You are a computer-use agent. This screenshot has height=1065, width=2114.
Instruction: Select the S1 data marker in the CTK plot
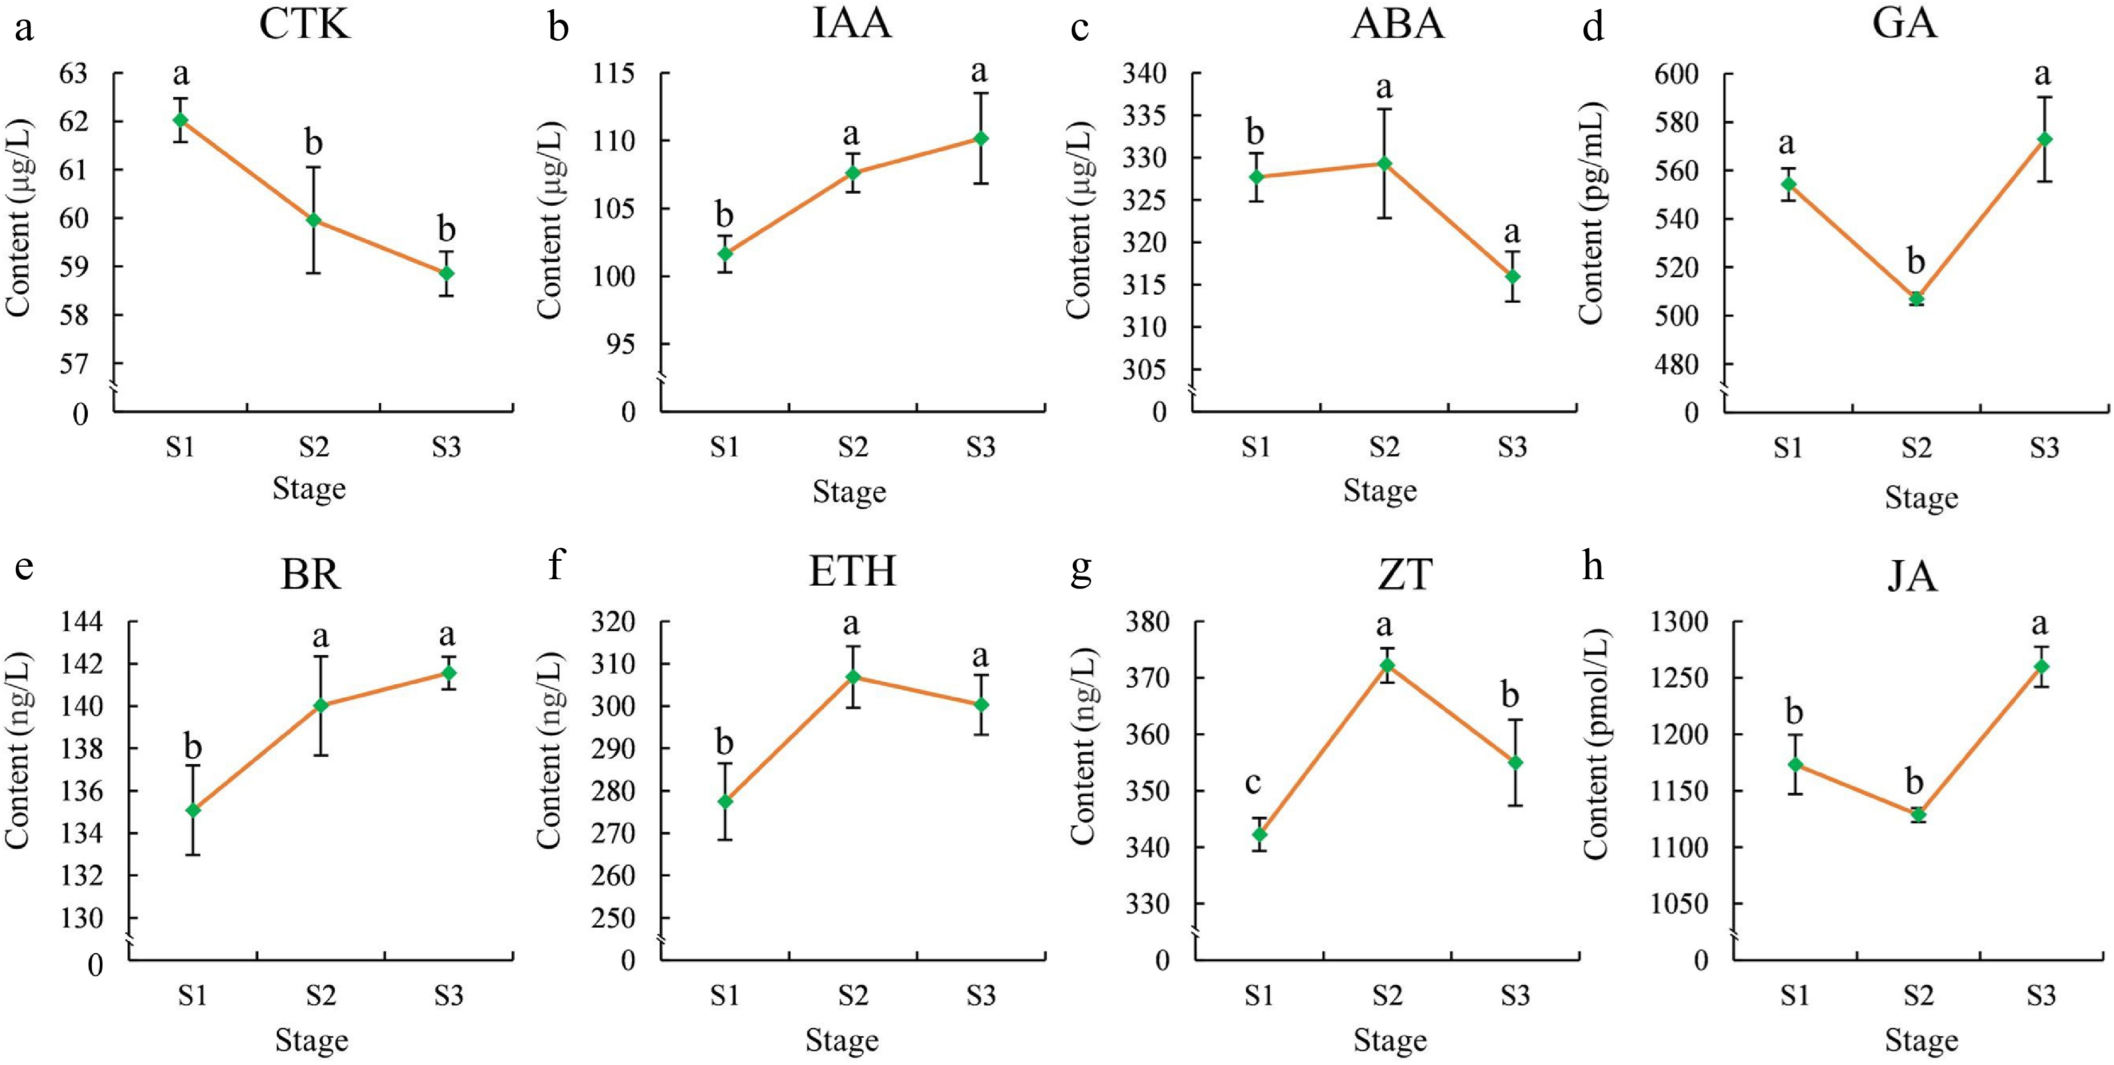tap(181, 120)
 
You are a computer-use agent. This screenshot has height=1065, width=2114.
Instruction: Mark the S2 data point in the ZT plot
tap(1387, 665)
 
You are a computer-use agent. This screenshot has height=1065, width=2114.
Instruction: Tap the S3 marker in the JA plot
tap(2041, 666)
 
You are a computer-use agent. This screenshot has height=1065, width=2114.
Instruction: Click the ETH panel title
tap(852, 572)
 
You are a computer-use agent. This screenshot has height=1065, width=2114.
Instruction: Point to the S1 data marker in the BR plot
tap(193, 810)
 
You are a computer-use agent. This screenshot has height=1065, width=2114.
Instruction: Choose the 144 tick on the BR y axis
tap(82, 622)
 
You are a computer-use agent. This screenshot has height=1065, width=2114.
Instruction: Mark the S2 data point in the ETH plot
tap(853, 676)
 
